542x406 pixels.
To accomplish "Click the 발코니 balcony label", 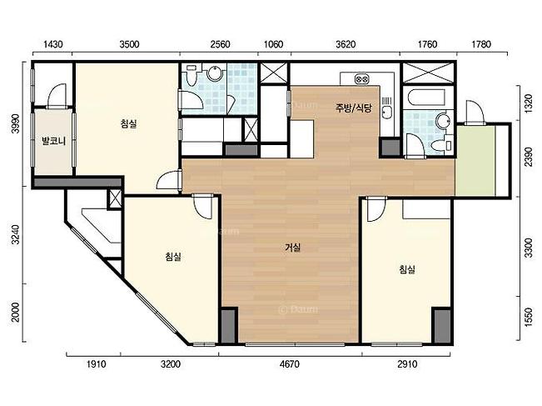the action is [53, 141].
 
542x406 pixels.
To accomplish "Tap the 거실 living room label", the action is [292, 248].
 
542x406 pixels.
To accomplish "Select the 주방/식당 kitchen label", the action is [353, 108].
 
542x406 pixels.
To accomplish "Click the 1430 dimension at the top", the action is [53, 44].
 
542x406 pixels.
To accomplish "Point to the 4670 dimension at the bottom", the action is [290, 364].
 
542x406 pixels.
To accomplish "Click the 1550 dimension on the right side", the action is [528, 318].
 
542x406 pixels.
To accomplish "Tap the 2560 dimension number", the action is [220, 44].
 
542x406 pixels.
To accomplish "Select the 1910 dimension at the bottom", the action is [96, 364].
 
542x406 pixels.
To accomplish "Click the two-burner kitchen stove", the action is [362, 79].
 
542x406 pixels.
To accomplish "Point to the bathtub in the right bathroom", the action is [427, 97].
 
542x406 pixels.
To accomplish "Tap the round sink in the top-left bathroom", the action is [214, 73].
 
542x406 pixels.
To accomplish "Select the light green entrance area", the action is [475, 161].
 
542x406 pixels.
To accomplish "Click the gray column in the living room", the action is [228, 326].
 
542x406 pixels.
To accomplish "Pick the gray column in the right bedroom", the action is [442, 326].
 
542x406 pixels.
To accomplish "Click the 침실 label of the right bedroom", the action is [407, 269].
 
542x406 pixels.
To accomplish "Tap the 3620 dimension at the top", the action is [346, 44].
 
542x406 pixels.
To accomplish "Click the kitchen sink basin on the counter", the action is [387, 113].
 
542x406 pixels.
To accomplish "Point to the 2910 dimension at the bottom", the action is [407, 364].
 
